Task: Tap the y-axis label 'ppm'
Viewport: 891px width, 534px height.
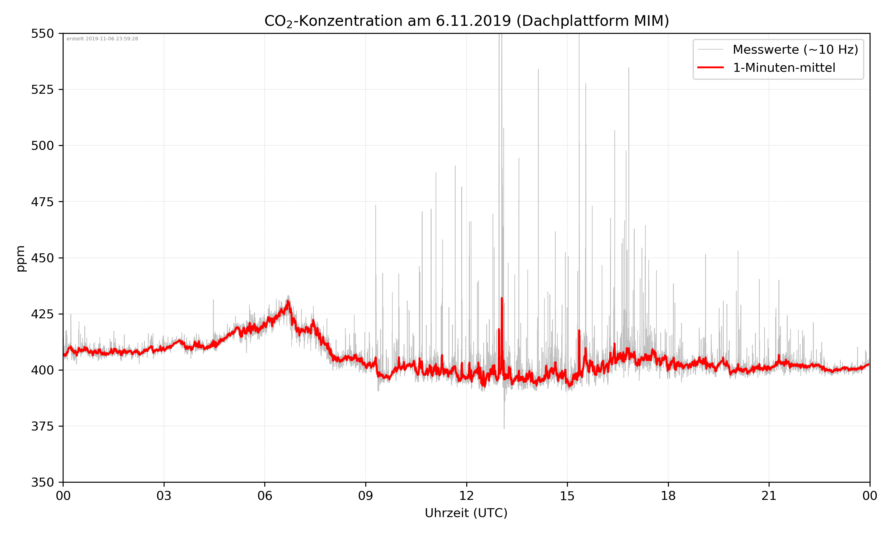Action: [x=21, y=258]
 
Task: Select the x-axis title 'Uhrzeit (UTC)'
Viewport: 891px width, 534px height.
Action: [x=466, y=513]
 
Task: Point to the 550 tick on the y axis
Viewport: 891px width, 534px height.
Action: [x=42, y=34]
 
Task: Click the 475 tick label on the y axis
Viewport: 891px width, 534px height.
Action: [x=42, y=202]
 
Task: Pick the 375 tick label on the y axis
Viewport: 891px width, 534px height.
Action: [x=42, y=426]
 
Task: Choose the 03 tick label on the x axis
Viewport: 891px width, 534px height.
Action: [x=164, y=496]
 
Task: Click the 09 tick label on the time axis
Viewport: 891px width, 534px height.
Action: [x=366, y=496]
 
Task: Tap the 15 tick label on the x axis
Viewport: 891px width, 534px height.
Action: [x=567, y=496]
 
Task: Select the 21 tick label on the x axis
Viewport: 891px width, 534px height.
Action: [x=769, y=496]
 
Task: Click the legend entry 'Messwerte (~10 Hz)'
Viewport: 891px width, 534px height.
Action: [x=795, y=50]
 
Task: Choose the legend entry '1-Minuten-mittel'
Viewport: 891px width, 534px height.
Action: [x=784, y=68]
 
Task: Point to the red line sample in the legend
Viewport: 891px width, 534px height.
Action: [x=710, y=67]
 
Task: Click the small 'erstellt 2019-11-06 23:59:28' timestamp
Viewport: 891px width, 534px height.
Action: [x=102, y=39]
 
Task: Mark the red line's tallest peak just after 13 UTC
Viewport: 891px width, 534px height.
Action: [x=502, y=299]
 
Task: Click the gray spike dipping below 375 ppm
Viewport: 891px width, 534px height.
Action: [x=504, y=427]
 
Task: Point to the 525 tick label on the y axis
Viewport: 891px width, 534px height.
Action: [x=42, y=90]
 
